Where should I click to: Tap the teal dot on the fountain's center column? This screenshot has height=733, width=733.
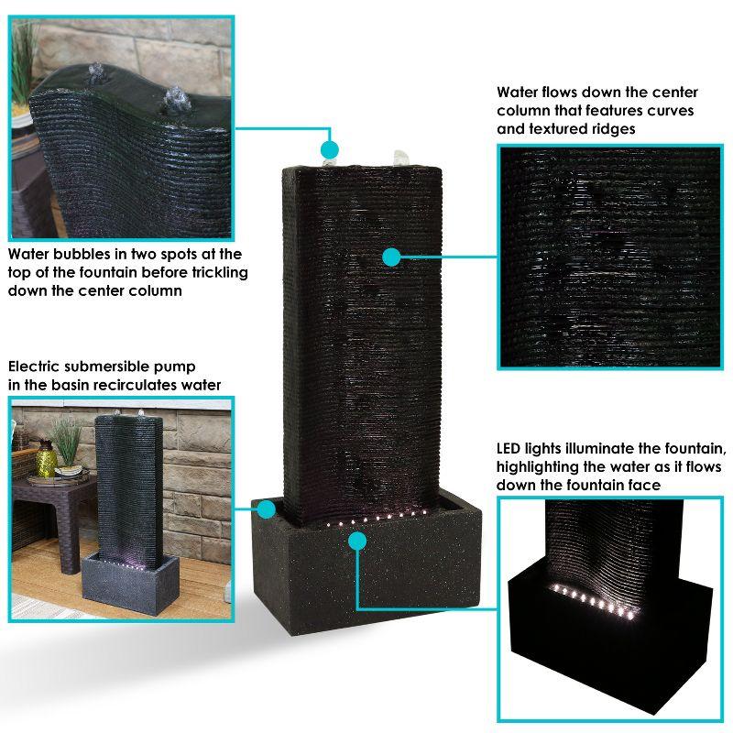[391, 257]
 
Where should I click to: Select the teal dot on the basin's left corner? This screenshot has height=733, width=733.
[267, 509]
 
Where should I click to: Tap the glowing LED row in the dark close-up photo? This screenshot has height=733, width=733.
[591, 601]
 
